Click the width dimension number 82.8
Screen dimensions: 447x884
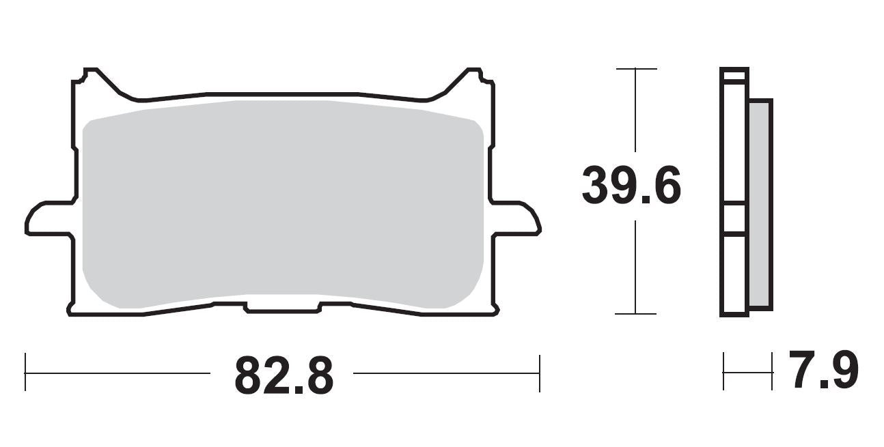coord(284,375)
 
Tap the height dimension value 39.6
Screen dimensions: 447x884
coord(631,186)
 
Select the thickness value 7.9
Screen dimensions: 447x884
coord(823,371)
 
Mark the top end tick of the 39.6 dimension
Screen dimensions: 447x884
coord(636,69)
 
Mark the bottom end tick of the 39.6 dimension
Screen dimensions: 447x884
coord(636,314)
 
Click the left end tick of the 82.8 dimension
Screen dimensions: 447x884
coord(25,373)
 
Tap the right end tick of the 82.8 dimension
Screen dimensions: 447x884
coord(540,373)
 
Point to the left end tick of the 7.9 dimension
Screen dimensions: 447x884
coord(723,372)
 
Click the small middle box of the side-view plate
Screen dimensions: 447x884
coord(734,218)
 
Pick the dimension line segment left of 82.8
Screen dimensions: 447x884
coord(116,373)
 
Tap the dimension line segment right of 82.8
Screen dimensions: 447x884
coord(444,373)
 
